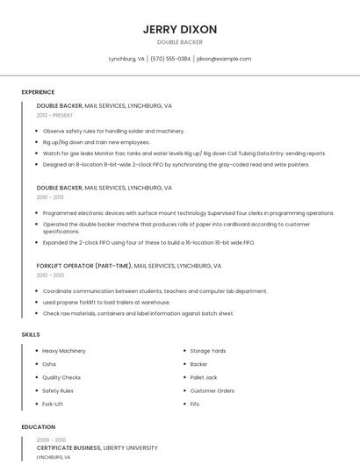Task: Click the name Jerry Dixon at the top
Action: (180, 29)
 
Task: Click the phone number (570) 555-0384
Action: (170, 59)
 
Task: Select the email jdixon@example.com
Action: (224, 59)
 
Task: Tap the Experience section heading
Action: (38, 92)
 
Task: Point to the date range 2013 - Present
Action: (54, 115)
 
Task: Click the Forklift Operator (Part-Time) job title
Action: (84, 265)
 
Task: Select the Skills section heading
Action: (31, 334)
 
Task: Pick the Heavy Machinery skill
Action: (64, 351)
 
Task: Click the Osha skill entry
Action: (49, 364)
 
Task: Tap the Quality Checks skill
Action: (61, 377)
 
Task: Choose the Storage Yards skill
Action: (208, 351)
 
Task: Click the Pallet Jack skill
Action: (203, 377)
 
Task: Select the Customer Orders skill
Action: (212, 390)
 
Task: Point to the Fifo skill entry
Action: (195, 404)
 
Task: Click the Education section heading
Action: (38, 427)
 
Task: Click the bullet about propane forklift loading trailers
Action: (106, 302)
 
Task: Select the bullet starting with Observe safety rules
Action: (113, 131)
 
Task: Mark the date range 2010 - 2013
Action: (50, 197)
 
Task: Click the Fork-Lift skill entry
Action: (53, 404)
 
